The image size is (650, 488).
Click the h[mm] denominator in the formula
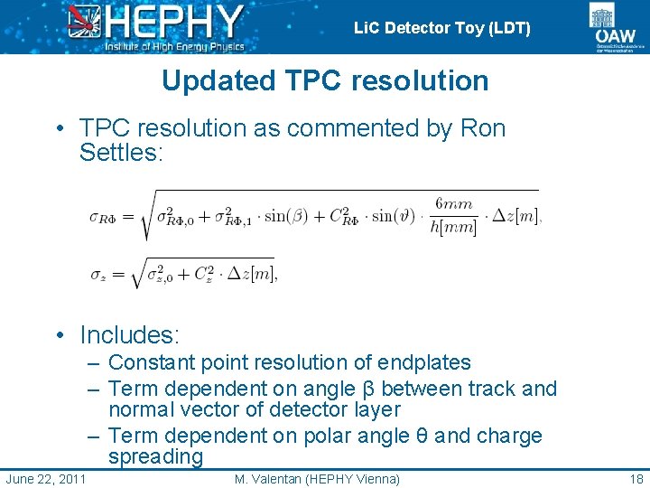(x=454, y=228)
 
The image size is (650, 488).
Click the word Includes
(x=130, y=335)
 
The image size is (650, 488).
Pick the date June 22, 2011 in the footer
(x=46, y=478)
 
